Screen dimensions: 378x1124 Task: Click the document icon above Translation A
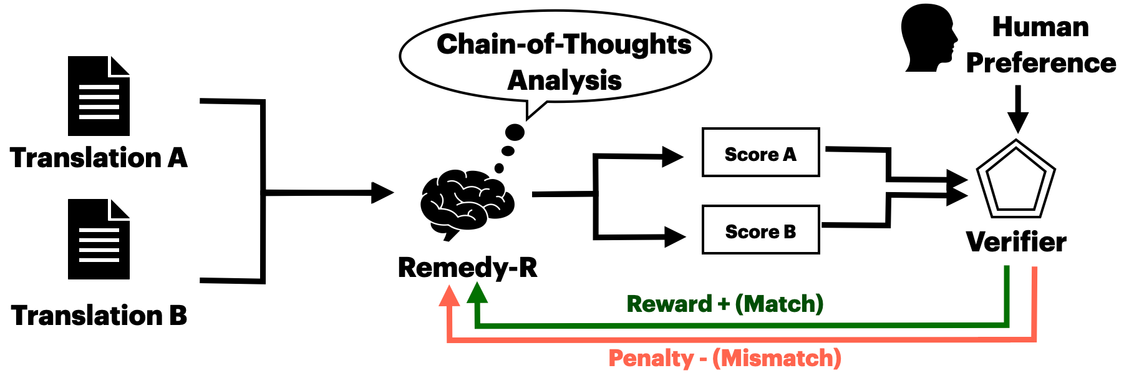(99, 96)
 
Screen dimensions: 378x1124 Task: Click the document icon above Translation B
(99, 240)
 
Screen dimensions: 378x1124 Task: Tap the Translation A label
(99, 158)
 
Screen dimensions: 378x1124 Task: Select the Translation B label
(99, 316)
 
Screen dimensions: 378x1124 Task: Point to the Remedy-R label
(467, 268)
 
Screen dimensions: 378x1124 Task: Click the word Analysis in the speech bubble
(564, 80)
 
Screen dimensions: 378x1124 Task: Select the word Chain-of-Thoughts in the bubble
(564, 44)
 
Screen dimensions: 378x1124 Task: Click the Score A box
(760, 153)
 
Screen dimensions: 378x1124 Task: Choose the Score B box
(760, 230)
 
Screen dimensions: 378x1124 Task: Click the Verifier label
(1016, 242)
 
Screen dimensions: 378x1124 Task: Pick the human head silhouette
(928, 37)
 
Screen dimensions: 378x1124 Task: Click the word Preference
(1040, 63)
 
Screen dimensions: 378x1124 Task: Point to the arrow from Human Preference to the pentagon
(1017, 109)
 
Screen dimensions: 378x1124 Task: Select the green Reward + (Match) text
(725, 304)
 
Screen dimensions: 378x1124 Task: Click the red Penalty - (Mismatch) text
(725, 358)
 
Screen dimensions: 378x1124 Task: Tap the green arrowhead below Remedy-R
(477, 293)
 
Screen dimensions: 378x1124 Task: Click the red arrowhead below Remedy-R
(449, 296)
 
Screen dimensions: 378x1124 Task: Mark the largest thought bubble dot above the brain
(515, 132)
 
